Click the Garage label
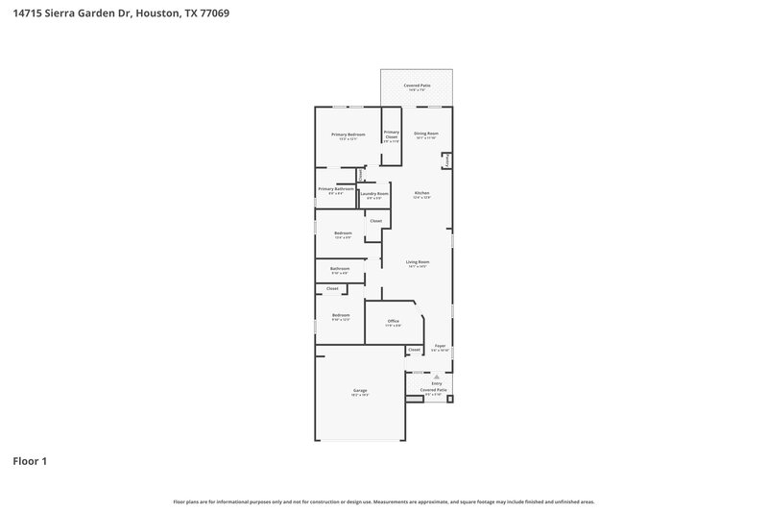pos(360,391)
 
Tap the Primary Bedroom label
pos(348,135)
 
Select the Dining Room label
pos(426,134)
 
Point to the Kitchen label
pos(421,194)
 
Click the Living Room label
pos(417,262)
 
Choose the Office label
pos(394,321)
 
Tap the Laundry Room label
pos(374,194)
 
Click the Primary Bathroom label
pos(336,188)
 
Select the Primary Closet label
pos(392,136)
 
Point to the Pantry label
pos(446,159)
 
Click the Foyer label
pos(440,346)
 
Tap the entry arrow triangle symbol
pos(437,377)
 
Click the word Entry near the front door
pos(437,383)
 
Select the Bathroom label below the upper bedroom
pos(340,269)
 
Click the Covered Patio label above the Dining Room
pos(417,85)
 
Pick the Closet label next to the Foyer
pos(414,350)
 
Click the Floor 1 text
pos(30,462)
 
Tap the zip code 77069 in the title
pos(214,14)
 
